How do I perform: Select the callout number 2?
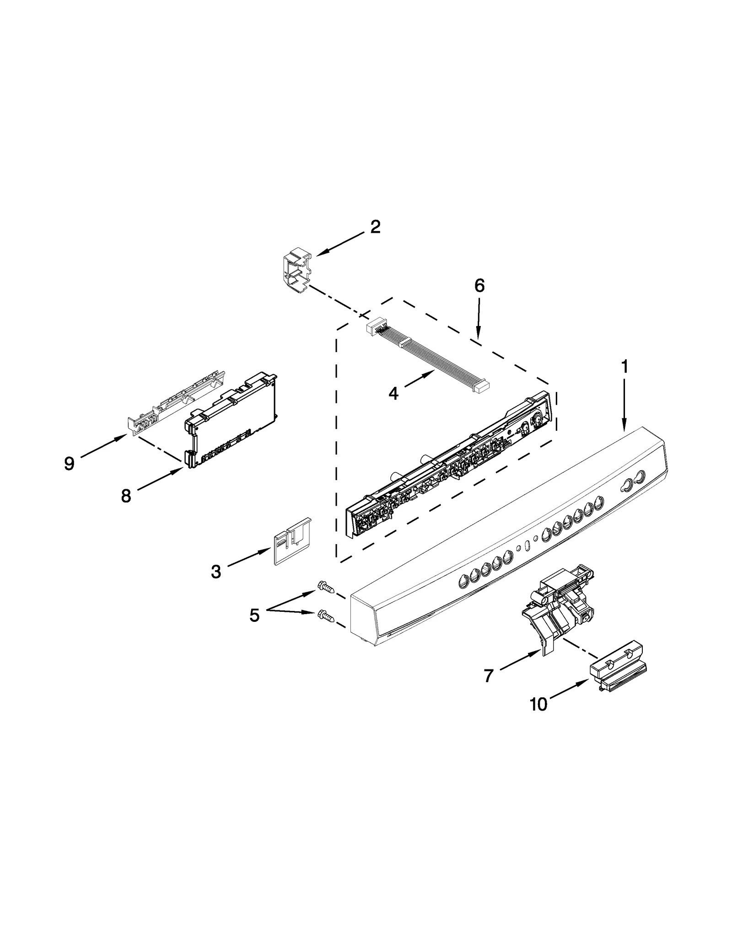375,227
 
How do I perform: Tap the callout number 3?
216,571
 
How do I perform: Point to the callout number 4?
393,393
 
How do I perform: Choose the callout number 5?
254,615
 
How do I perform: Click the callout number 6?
479,286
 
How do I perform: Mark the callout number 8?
126,496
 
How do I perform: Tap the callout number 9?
69,464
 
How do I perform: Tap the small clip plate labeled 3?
291,541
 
